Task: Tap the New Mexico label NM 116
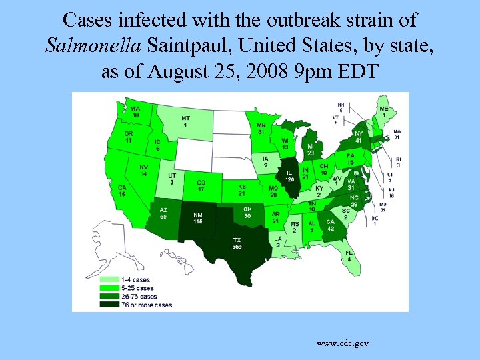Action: coord(197,218)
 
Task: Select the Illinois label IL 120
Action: coord(289,177)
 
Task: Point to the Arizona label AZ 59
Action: coord(164,213)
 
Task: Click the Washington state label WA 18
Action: coord(135,111)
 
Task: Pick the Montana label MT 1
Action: coord(185,121)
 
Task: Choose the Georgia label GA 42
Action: coord(330,225)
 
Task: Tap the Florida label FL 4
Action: coord(349,255)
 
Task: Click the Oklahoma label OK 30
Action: coord(247,212)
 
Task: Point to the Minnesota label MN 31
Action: coord(261,128)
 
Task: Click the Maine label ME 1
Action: coord(384,111)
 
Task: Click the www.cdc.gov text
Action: coord(343,343)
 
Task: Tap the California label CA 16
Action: coord(122,190)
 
